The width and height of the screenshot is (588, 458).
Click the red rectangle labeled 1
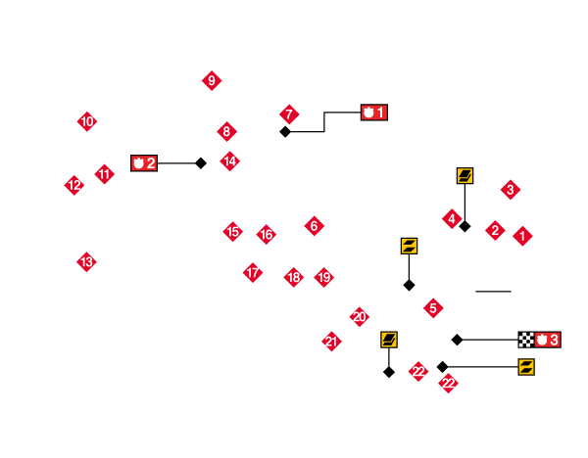coord(374,113)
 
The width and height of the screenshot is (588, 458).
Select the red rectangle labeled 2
coord(144,163)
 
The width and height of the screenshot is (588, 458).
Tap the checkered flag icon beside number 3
coord(526,340)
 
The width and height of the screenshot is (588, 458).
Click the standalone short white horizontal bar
coord(493,292)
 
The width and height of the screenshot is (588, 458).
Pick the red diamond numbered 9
coord(212,81)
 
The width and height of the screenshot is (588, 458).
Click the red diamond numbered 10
coord(87,121)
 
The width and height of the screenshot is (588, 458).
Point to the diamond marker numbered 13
coord(87,261)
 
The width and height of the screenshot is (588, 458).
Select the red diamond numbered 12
coord(74,185)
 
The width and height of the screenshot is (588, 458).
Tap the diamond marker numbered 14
coord(230,160)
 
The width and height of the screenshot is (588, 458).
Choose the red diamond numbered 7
coord(289,114)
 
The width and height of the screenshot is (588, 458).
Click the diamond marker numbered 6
coord(314,226)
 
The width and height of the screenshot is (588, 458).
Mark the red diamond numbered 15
coord(233,232)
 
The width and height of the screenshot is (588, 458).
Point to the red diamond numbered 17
coord(253,272)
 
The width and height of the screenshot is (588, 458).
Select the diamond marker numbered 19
coord(324,277)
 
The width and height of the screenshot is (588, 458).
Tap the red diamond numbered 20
coord(360,316)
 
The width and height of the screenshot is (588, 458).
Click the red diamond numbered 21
coord(332,342)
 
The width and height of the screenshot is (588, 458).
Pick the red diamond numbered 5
coord(434,308)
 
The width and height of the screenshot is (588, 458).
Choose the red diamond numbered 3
coord(511,189)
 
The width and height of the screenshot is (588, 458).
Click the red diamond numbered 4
coord(452,218)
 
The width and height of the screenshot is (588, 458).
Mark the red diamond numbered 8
coord(227,131)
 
